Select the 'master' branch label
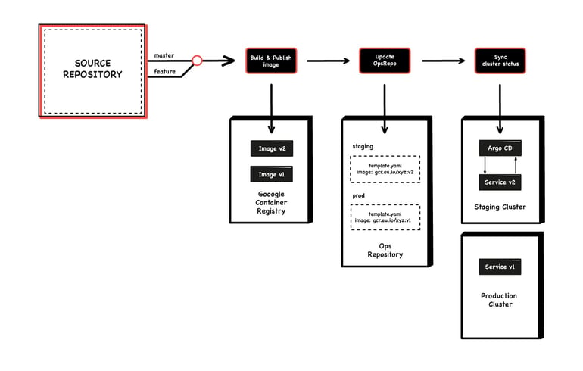pyautogui.click(x=164, y=55)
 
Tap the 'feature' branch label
pyautogui.click(x=165, y=72)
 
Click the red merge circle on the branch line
pyautogui.click(x=197, y=60)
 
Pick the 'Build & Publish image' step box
pyautogui.click(x=270, y=61)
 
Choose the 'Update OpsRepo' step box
pyautogui.click(x=384, y=61)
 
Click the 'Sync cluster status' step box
pyautogui.click(x=500, y=61)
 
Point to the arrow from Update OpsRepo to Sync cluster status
pyautogui.click(x=442, y=61)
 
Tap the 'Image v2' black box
pyautogui.click(x=271, y=148)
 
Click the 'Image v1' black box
pyautogui.click(x=271, y=175)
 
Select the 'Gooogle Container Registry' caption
pyautogui.click(x=271, y=202)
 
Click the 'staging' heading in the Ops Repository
pyautogui.click(x=363, y=146)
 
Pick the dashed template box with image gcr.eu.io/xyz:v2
pyautogui.click(x=385, y=168)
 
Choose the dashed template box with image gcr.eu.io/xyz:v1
pyautogui.click(x=385, y=217)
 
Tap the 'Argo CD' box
pyautogui.click(x=500, y=148)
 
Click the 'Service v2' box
pyautogui.click(x=500, y=182)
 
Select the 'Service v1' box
pyautogui.click(x=500, y=267)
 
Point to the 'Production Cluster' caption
pyautogui.click(x=500, y=300)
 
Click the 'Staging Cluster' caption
pyautogui.click(x=500, y=207)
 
